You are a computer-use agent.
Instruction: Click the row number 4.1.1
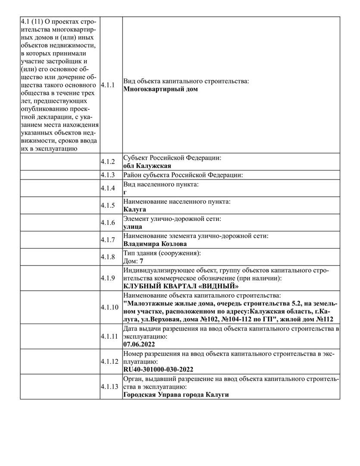tap(107, 85)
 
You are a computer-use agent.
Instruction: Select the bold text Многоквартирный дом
tap(160, 89)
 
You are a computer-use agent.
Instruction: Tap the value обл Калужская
tap(147, 166)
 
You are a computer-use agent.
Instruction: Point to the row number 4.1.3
tap(107, 175)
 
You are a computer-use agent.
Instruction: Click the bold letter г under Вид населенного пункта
tap(125, 192)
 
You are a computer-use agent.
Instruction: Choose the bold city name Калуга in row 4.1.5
tap(135, 209)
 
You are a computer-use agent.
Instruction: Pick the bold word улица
tap(133, 227)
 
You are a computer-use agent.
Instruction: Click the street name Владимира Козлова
tap(155, 244)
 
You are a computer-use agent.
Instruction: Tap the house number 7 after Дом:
tap(141, 261)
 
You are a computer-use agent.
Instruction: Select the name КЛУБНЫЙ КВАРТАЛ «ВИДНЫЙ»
tap(181, 286)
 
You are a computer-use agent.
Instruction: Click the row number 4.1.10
tap(109, 307)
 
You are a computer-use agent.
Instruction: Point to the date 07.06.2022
tap(139, 344)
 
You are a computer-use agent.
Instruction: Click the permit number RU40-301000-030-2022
tap(158, 369)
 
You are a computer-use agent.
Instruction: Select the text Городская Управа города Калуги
tap(175, 395)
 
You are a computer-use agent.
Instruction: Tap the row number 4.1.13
tap(109, 387)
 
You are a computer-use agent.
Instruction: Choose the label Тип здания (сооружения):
tap(162, 253)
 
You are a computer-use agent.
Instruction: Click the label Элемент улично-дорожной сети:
tap(172, 219)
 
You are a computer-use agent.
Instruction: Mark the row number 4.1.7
tap(107, 240)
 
